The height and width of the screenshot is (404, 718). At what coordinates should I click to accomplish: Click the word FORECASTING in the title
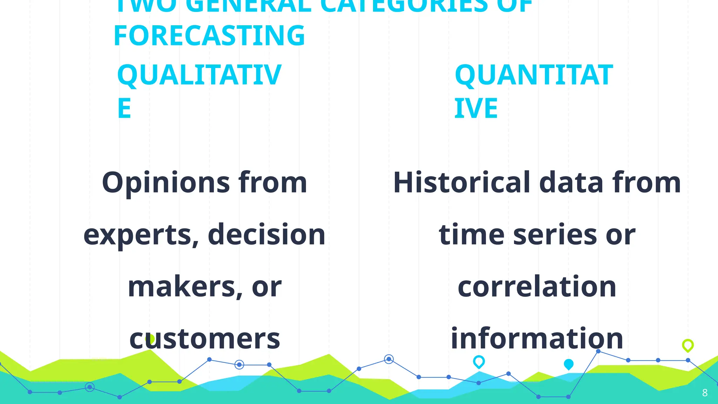[x=209, y=36]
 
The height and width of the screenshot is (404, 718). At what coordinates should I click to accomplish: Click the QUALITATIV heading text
[x=199, y=75]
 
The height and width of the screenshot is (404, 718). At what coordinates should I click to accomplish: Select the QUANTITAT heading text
[x=534, y=75]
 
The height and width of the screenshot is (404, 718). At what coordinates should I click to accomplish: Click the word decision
[x=266, y=234]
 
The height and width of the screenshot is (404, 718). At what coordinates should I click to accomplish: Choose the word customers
[x=205, y=339]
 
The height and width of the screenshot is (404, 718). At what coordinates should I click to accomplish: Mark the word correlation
[x=537, y=287]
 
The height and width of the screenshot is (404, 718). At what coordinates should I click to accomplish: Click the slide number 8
[x=705, y=393]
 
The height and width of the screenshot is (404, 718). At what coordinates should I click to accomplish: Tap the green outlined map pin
[x=688, y=345]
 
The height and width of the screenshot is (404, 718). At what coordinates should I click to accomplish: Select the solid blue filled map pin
[x=569, y=364]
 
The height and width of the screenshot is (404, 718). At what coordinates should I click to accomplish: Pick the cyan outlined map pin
[x=479, y=362]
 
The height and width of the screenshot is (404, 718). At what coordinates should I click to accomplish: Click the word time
[x=472, y=234]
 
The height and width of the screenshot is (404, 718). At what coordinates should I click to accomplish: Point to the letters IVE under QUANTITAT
[x=476, y=108]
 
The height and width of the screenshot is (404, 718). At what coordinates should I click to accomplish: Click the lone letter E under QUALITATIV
[x=124, y=108]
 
